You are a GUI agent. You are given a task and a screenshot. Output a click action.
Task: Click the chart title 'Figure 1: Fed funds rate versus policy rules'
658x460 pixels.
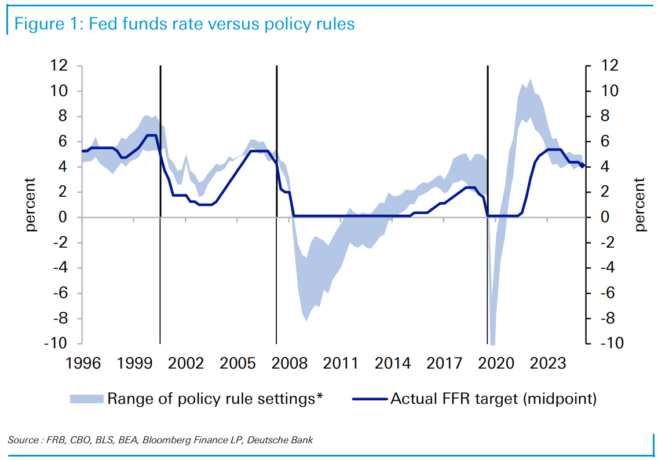[x=184, y=24]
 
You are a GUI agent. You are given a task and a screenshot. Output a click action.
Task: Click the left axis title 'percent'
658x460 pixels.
[x=30, y=205]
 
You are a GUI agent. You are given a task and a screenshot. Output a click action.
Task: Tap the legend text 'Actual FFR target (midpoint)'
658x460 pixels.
[x=493, y=399]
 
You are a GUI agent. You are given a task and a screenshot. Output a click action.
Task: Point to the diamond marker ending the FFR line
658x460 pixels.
[x=582, y=165]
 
